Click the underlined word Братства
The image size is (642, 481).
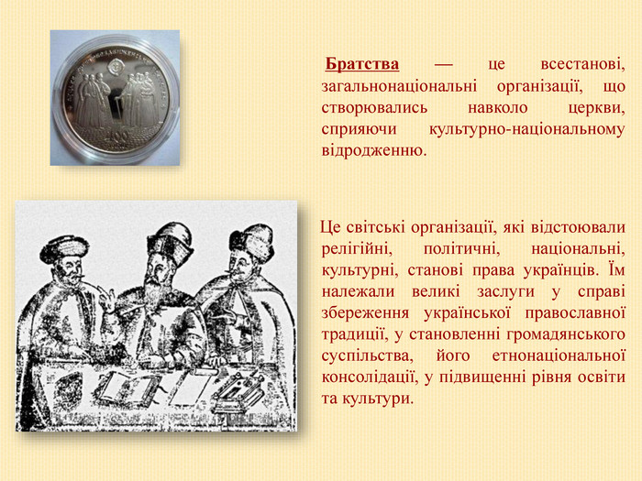pos(362,65)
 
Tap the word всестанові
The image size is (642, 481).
pos(582,65)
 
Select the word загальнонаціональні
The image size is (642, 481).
pos(399,86)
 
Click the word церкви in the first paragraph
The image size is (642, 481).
pos(597,108)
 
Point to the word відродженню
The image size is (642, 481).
pos(374,150)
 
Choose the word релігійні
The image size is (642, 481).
pos(357,249)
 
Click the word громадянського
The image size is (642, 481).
pos(566,334)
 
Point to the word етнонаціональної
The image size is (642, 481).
pos(559,355)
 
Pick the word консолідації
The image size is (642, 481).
pos(370,377)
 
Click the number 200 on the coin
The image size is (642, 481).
pos(117,135)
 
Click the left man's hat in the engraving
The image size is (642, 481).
pos(64,248)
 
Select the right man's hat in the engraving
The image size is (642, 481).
pos(251,242)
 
